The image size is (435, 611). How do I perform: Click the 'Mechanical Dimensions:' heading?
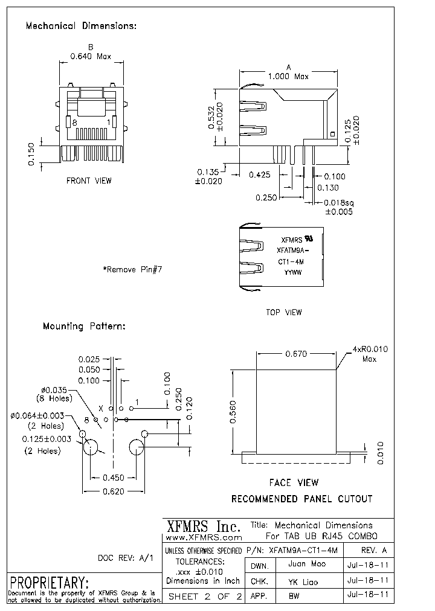[x=81, y=26]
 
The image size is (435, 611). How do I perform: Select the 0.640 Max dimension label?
[x=91, y=57]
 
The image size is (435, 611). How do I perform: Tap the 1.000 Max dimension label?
[x=288, y=77]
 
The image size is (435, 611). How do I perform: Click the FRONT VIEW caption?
[x=89, y=181]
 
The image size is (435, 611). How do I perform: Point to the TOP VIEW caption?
[x=283, y=312]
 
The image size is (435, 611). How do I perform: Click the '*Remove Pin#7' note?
[x=132, y=269]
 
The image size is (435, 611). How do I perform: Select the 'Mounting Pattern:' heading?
[x=84, y=326]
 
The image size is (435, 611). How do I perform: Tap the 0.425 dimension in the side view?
[x=259, y=175]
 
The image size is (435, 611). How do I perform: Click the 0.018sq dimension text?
[x=338, y=203]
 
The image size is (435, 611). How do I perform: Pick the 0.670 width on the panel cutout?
[x=296, y=354]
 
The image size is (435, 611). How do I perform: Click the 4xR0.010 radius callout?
[x=370, y=350]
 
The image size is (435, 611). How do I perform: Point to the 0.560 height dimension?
[x=233, y=413]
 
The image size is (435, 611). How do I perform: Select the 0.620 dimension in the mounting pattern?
[x=112, y=491]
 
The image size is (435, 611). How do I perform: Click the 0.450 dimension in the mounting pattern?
[x=112, y=478]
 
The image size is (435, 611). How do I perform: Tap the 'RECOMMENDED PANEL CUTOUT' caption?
[x=302, y=499]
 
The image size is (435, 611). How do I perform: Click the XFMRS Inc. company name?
[x=203, y=526]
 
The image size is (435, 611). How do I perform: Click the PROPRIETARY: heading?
[x=50, y=583]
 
